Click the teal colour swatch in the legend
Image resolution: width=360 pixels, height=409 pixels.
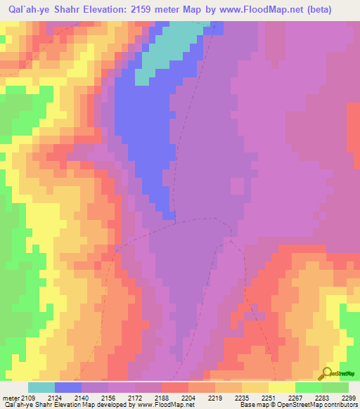point(41,387)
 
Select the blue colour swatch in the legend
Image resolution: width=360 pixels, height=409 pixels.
point(68,387)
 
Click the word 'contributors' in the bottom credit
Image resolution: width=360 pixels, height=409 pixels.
point(340,405)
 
